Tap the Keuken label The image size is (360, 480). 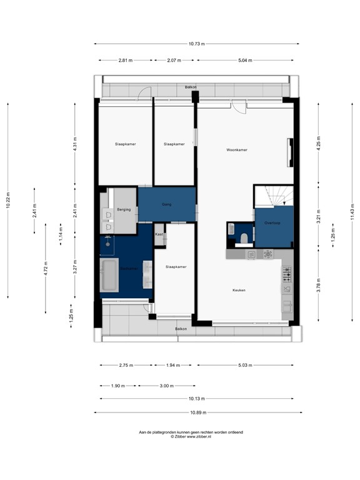coord(239,290)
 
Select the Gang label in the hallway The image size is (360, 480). coord(167,204)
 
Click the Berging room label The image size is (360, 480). coord(124,209)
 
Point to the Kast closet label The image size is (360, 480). coord(159,233)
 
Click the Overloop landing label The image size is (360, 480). coord(272,222)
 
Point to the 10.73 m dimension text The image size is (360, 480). coord(197,44)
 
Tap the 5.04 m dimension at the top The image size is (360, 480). coord(244,61)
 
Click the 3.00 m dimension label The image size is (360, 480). coord(166,386)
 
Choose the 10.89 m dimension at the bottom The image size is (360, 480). coord(197,412)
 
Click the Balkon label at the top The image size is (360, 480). coord(190,87)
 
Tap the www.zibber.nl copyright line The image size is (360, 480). coord(191,437)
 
